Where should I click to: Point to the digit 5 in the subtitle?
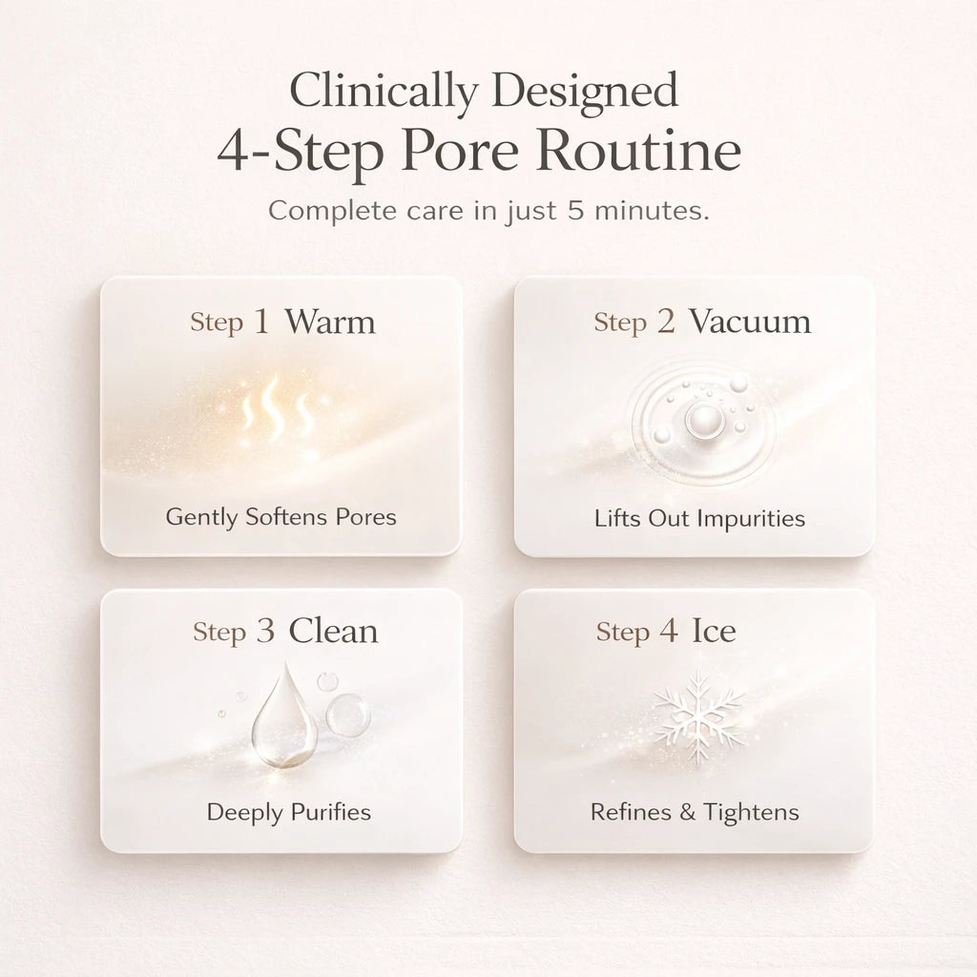click(x=575, y=210)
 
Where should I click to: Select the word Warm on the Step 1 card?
click(x=330, y=322)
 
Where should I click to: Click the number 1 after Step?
click(x=262, y=322)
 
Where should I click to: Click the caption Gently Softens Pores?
click(x=281, y=517)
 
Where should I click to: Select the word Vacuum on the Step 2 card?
click(x=750, y=322)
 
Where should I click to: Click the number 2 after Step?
click(x=665, y=322)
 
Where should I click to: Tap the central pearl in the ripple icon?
click(x=701, y=419)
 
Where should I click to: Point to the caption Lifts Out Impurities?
click(x=699, y=518)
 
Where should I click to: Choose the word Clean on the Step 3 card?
click(x=333, y=632)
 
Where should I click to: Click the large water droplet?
click(x=284, y=716)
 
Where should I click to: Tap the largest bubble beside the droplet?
click(x=347, y=715)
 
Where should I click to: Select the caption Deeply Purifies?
click(x=288, y=813)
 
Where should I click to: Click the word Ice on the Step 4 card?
click(x=714, y=631)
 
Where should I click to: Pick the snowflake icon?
click(x=699, y=717)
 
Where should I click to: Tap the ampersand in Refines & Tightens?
click(x=687, y=812)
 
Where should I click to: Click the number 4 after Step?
click(x=669, y=631)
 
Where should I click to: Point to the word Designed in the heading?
click(x=585, y=91)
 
